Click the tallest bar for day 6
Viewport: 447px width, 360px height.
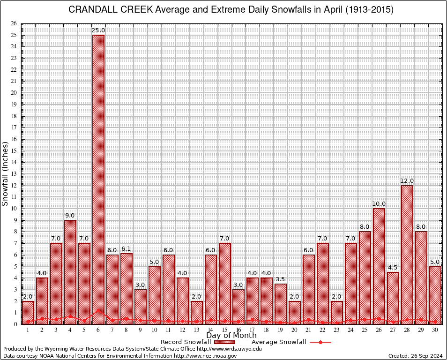point(98,178)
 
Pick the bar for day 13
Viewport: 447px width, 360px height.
point(197,312)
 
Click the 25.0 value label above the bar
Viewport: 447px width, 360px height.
point(98,30)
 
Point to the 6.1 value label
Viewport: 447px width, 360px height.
point(127,249)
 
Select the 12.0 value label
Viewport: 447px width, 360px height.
point(407,181)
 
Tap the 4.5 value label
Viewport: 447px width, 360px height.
point(393,268)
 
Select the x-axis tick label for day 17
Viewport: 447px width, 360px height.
point(253,330)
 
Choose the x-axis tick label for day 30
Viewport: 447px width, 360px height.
point(435,330)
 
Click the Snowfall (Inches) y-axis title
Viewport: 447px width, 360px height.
point(6,173)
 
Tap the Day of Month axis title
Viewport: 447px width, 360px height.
point(231,336)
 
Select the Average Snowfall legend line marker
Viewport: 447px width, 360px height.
point(320,342)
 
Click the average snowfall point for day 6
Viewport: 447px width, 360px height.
point(98,309)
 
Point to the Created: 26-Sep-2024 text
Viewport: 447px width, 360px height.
point(415,356)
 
